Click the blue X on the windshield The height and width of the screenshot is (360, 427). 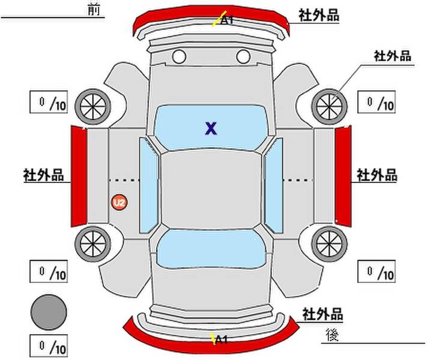pos(211,128)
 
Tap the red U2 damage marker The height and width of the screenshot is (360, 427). pos(119,202)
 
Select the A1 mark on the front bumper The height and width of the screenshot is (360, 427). pos(226,20)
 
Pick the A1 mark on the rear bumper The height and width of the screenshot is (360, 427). pos(221,340)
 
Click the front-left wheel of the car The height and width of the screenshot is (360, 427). pos(93,106)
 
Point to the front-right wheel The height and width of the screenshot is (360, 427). pos(329,106)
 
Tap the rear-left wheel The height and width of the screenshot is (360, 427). pos(93,244)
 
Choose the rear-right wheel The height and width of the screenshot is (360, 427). pos(329,244)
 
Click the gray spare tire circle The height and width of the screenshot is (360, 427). pos(49,312)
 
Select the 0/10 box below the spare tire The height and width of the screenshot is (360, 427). pos(49,346)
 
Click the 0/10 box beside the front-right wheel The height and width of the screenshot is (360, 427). pos(377,102)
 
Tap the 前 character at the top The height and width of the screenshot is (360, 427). pos(94,10)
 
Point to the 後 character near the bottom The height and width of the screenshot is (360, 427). pos(332,335)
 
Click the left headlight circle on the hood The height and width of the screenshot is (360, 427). pos(179,56)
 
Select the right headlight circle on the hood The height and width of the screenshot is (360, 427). pos(243,56)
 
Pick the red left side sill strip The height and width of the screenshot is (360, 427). pos(79,176)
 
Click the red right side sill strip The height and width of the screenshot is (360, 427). pos(343,176)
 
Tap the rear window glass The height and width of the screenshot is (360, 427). pos(211,248)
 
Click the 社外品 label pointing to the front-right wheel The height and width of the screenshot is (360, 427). pos(392,56)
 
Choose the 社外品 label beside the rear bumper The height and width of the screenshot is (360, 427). pos(323,314)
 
